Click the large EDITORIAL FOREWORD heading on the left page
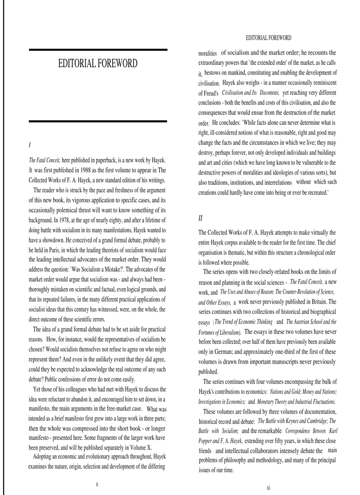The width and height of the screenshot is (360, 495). click(x=97, y=63)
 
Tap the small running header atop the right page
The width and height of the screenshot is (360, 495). click(x=268, y=38)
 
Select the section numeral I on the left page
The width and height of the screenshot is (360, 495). click(x=30, y=145)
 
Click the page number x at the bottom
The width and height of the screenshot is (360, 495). click(x=97, y=484)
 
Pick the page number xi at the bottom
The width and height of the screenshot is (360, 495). click(x=268, y=488)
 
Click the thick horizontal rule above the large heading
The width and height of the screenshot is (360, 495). click(x=97, y=50)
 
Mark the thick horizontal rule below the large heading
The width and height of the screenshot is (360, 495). click(x=97, y=121)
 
